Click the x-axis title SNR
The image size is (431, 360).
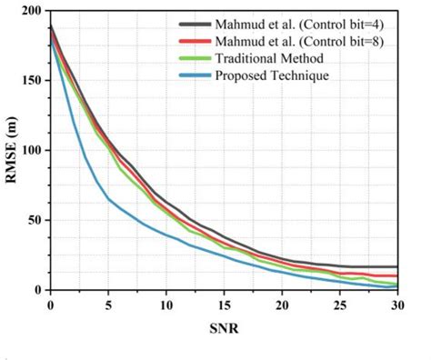click(224, 325)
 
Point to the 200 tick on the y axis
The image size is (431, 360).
click(33, 11)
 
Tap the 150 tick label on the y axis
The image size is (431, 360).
click(33, 81)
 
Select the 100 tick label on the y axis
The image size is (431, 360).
click(33, 150)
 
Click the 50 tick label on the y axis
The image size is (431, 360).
click(36, 220)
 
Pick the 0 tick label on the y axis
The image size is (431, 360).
click(40, 290)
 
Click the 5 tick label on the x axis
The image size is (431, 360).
click(108, 304)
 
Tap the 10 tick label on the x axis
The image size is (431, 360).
click(165, 304)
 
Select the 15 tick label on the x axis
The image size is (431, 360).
click(224, 304)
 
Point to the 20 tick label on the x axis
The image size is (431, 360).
click(282, 304)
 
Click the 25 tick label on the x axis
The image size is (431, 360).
click(340, 304)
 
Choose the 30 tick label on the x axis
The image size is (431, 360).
click(397, 304)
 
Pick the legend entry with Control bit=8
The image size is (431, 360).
click(309, 40)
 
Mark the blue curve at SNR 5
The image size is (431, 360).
click(108, 198)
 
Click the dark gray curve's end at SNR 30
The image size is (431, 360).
click(397, 266)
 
